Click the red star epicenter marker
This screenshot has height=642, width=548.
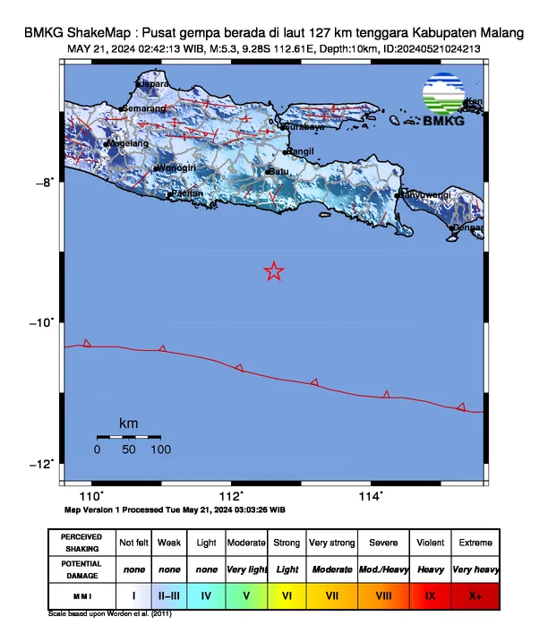point(274,271)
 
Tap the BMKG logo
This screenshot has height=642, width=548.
point(443,100)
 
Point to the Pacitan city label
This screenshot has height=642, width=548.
point(187,193)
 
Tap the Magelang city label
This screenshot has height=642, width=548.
point(127,143)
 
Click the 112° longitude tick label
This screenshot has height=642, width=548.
point(231,496)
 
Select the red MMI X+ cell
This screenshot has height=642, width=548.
point(475,593)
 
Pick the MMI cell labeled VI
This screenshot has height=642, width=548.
point(288,593)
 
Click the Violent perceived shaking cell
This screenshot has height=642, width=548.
point(430,543)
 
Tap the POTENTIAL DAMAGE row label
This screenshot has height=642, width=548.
point(81,568)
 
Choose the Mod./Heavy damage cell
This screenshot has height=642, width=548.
point(382,569)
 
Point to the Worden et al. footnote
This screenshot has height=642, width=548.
point(109,614)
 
